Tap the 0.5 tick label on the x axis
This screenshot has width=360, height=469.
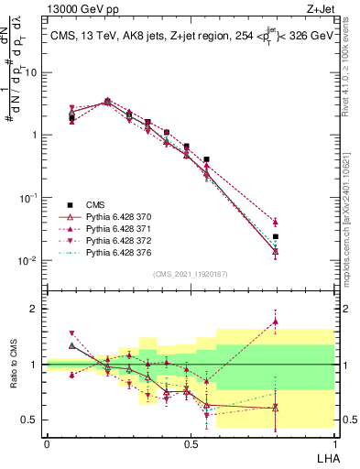point(190,442)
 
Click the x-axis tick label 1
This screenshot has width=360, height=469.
point(334,442)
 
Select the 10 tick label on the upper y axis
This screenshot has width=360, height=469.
point(32,71)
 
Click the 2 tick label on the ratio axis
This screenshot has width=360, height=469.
point(36,309)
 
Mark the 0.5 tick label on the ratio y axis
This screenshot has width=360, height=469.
point(32,420)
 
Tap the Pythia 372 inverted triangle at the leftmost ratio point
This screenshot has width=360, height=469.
point(71,334)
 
